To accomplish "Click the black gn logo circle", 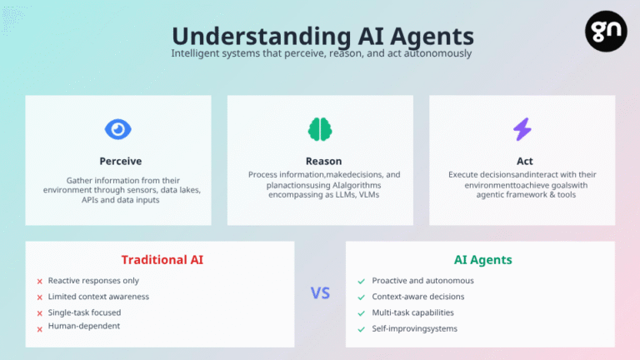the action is point(606,31).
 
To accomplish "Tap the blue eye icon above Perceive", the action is point(118,129).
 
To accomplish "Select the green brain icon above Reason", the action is point(320,129).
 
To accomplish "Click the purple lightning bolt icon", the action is point(522,129).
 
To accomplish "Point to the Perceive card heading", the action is point(120,161).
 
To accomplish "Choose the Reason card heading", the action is point(323,161).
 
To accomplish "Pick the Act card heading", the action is point(524,161).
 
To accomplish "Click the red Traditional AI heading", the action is point(162,260).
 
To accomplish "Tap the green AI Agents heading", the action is point(482,260).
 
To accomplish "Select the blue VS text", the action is point(320,293).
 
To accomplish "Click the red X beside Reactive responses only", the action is point(40,281).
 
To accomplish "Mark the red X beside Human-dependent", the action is point(40,329).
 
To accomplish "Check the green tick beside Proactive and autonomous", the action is point(361,281).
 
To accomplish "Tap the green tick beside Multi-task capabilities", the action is point(361,313).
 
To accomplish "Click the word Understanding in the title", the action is point(261,36).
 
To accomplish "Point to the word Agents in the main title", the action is point(432,37).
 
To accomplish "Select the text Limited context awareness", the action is point(98,297).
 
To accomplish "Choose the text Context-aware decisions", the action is point(418,297).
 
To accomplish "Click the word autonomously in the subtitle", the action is point(438,53).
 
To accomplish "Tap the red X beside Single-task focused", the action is point(40,313).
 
